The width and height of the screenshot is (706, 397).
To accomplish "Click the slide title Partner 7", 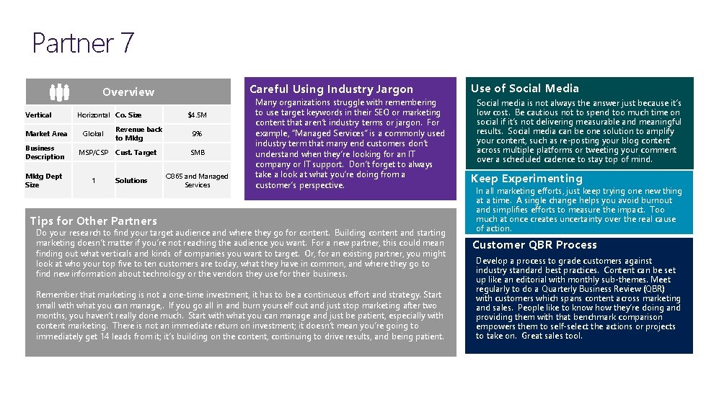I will tap(83, 43).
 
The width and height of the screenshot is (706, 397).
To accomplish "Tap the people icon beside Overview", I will tap(59, 92).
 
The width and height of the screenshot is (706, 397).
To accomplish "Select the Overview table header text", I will tap(128, 92).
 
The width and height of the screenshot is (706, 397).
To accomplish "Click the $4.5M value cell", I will tap(197, 115).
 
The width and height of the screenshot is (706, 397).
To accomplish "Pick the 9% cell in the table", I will tap(197, 133).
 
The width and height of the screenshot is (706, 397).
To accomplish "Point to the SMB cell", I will tap(197, 153).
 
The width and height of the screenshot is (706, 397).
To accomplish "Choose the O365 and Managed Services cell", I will tap(197, 180).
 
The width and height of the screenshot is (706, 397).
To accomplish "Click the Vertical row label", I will tap(38, 115).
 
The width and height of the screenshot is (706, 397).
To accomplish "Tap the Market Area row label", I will tap(46, 133).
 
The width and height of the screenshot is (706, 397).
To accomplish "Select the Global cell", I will tap(93, 133).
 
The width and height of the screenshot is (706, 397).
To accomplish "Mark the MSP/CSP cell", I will tap(93, 153).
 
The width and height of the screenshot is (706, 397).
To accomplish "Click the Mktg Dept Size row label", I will tap(43, 180).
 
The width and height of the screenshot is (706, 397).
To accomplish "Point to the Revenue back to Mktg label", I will tap(138, 133).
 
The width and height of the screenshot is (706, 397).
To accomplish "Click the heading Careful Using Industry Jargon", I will tap(331, 89).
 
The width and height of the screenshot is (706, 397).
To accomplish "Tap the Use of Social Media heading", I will tap(524, 89).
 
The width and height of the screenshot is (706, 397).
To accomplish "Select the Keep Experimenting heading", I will tap(526, 179).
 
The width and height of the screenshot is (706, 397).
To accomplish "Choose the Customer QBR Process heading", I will tap(534, 245).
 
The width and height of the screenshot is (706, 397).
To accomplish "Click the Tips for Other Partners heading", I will tap(93, 220).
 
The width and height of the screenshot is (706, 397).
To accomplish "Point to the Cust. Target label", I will tap(136, 153).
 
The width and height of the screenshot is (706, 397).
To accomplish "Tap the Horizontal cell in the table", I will tap(93, 115).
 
